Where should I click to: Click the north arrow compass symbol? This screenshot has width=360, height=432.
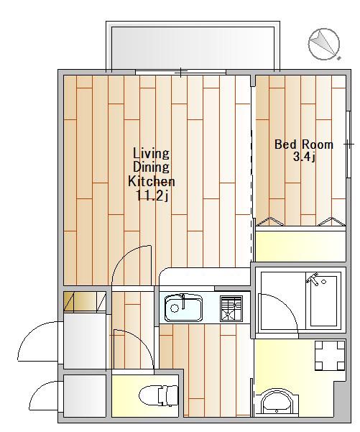coord(324,44)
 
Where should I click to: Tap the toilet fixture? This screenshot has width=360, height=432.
coord(159,395)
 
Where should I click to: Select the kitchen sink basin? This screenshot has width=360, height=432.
coord(183,308)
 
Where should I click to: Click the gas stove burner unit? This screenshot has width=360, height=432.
coord(231,308)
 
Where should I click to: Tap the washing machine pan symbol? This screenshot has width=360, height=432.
coord(330,355)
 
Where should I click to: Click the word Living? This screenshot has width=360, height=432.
coord(151,153)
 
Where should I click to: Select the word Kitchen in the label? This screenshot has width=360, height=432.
coord(152,181)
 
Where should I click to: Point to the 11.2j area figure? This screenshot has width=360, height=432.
coord(152,196)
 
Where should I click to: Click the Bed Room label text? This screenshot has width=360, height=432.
coord(304,144)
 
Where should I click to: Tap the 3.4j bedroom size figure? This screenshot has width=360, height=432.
coord(304,157)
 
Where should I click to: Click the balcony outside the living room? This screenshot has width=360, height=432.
coord(193,47)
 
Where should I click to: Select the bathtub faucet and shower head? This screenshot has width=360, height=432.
coord(315,279)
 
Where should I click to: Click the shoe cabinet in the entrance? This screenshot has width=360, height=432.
coord(85,302)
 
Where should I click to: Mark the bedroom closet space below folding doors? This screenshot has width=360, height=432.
coord(301,246)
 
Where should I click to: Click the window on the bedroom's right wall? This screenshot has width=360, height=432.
coord(349,144)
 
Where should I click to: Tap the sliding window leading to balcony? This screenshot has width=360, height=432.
coord(180,72)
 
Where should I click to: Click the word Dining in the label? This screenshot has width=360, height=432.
coord(151,167)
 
